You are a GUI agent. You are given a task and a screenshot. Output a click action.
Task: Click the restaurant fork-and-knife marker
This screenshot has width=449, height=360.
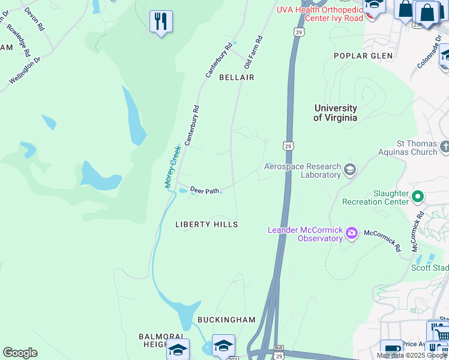(161, 22)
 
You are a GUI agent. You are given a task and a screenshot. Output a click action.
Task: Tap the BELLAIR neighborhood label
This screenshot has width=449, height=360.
(237, 77)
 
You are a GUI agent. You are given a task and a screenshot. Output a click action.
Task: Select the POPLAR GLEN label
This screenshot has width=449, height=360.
(363, 56)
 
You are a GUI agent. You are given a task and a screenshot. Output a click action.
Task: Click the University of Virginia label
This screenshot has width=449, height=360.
(335, 113)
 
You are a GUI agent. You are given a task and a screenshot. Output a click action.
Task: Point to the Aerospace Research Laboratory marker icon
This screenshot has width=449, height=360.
(350, 170)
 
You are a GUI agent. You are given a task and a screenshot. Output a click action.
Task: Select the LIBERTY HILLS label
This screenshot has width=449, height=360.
(206, 224)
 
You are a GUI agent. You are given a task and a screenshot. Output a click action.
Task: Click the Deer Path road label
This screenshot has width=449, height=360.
(205, 190)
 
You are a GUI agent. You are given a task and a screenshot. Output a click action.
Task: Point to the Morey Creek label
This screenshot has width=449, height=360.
(173, 167)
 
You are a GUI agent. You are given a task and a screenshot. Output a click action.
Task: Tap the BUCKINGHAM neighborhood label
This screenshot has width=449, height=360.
(226, 320)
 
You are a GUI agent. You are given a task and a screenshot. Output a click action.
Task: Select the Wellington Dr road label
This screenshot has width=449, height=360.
(25, 70)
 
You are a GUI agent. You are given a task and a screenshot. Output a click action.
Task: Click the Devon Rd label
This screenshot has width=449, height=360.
(34, 19)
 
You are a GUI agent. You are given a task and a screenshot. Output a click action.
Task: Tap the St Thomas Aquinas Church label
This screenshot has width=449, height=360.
(417, 148)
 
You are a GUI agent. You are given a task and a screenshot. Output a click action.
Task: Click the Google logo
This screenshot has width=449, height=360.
(20, 353)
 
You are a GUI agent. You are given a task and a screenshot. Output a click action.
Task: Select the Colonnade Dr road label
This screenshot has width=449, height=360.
(429, 55)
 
